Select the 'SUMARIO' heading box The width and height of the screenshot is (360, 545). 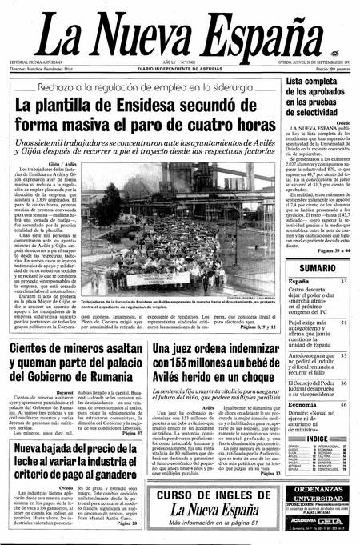click(317, 267)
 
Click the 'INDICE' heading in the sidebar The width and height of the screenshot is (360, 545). click(318, 439)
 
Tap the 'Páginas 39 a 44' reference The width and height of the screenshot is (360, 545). click(329, 251)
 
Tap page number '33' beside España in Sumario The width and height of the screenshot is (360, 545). click(343, 282)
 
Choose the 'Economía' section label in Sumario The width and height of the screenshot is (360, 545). click(303, 405)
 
